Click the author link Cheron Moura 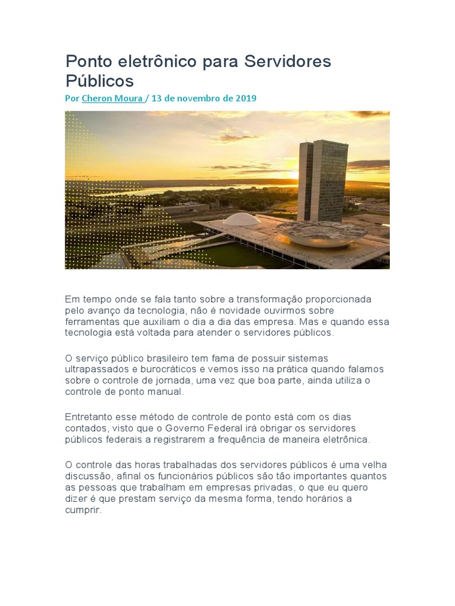[x=112, y=98]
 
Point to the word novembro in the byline [x=192, y=98]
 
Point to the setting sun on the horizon [x=294, y=176]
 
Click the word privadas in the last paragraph [x=275, y=488]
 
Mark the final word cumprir [x=84, y=510]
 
